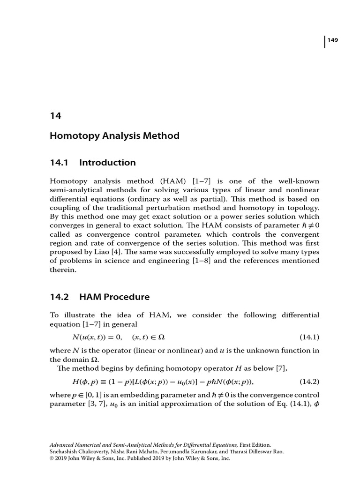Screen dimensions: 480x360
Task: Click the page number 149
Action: (333, 40)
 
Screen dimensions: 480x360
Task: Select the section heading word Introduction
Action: (107, 163)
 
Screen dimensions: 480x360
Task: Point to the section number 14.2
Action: (59, 297)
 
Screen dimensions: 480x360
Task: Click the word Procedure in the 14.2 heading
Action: (128, 297)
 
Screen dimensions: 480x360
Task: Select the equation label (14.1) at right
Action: (309, 337)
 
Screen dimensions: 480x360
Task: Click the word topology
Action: (302, 207)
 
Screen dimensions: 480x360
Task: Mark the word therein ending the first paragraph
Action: (62, 270)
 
